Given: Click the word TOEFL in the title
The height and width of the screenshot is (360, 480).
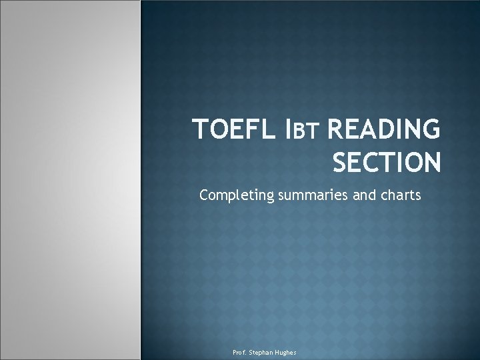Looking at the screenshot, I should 227,130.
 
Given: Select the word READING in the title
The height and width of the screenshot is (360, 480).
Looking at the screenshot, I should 384,130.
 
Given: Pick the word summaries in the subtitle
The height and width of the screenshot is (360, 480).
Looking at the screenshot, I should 305,197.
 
